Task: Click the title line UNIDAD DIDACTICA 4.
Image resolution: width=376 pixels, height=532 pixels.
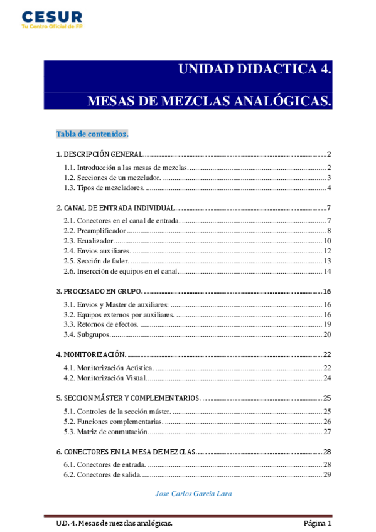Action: tap(255, 69)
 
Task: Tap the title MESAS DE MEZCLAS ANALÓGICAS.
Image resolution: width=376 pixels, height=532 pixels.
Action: tap(208, 100)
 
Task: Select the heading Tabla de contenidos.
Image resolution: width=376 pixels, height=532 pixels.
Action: tap(92, 134)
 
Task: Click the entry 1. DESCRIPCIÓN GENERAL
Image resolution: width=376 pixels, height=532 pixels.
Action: tap(100, 154)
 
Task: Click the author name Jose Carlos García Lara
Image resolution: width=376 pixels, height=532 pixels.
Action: tap(193, 493)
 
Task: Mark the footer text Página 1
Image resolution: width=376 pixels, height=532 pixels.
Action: tap(317, 523)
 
